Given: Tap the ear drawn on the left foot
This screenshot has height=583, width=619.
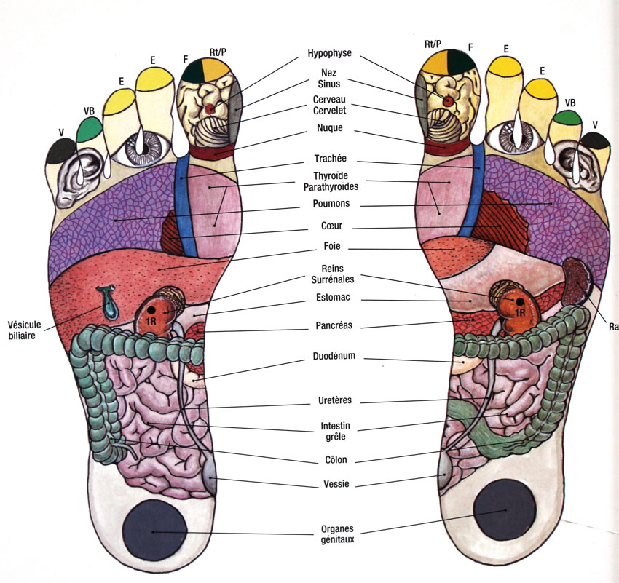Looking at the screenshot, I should tap(76, 177).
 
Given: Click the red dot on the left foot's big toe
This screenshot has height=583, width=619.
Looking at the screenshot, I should tap(211, 108).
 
